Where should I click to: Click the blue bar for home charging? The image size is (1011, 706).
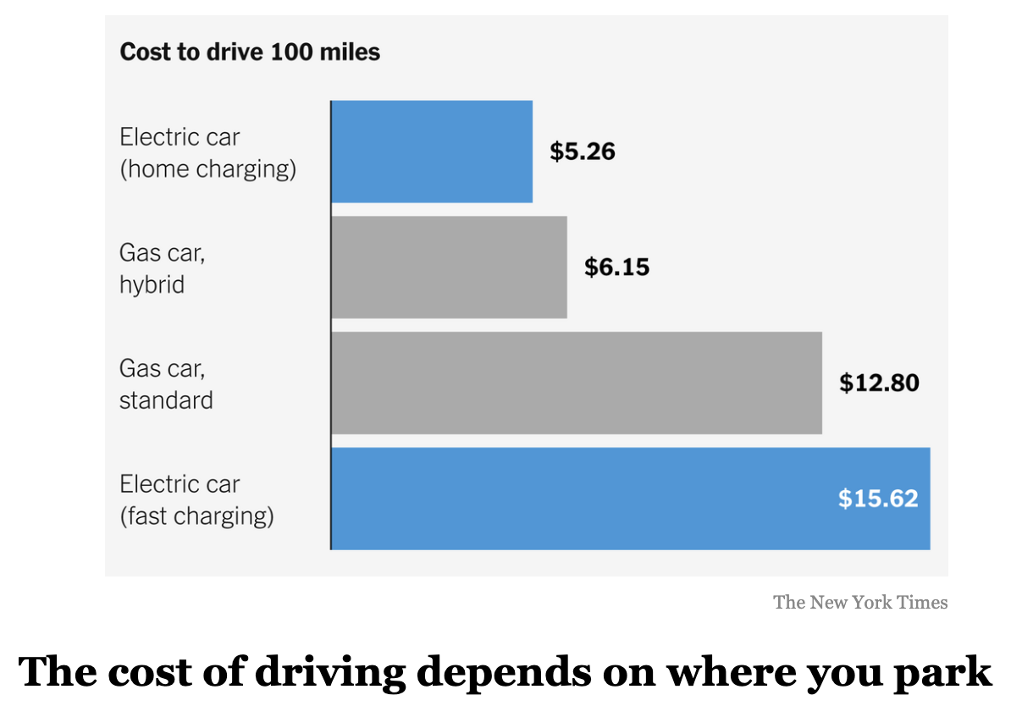pos(432,152)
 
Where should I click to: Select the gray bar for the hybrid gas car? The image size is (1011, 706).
pos(449,268)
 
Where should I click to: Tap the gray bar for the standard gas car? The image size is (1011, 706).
pos(576,383)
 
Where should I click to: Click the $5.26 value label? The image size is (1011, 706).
pos(583,152)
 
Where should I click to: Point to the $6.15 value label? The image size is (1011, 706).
pos(616,268)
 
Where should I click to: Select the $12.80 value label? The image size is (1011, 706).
pos(879,383)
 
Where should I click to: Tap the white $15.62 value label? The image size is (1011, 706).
pos(878,499)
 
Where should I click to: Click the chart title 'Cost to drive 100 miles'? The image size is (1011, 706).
pos(250,52)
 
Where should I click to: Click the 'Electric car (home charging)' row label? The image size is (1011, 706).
pos(207,152)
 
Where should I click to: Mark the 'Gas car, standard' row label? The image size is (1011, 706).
pos(166,383)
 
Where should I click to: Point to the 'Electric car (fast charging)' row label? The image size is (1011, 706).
pos(196,499)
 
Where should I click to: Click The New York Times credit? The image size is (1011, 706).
pos(860,602)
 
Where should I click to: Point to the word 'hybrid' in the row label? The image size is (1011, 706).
pos(152,284)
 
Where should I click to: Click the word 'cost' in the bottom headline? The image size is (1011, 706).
pos(145,672)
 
